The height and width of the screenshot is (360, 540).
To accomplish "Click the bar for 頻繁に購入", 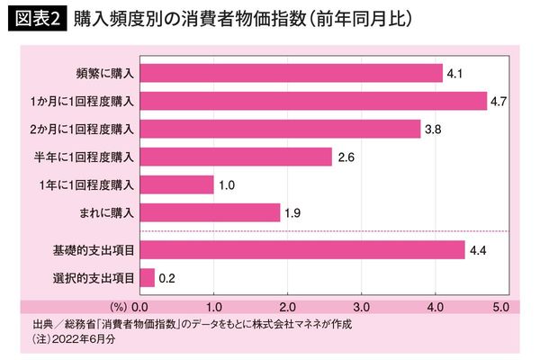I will (x=291, y=73).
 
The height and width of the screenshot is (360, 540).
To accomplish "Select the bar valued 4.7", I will (x=313, y=101).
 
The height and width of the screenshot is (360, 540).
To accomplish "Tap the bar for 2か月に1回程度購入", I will (x=280, y=129).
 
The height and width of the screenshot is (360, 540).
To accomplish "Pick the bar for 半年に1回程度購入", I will (x=236, y=157).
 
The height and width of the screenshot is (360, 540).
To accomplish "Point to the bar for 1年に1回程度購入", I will (x=176, y=184).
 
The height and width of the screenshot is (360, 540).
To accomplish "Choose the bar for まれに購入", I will (x=210, y=212).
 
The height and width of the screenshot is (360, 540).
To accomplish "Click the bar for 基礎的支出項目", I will (x=301, y=250).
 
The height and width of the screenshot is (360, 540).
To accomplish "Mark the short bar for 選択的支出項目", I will (x=148, y=278).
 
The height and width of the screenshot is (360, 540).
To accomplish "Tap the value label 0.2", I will (x=166, y=279).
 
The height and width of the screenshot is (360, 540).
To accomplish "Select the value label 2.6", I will (x=346, y=157).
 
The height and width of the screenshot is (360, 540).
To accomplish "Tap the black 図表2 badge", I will (x=36, y=18).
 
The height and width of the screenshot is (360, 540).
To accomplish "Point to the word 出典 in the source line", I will (x=40, y=323).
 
